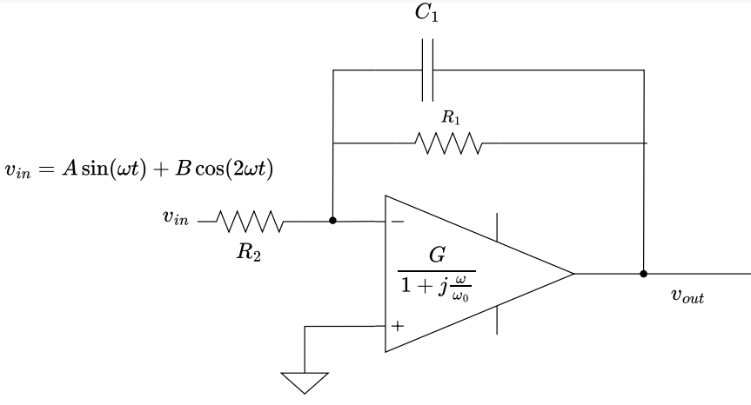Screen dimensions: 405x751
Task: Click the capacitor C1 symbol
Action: tap(427, 70)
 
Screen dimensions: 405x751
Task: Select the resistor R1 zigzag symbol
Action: tap(447, 142)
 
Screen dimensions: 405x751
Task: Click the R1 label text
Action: tap(448, 116)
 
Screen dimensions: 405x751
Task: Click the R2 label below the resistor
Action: tap(249, 255)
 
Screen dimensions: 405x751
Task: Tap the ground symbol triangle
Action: tap(305, 382)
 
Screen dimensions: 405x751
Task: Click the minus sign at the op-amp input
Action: tap(398, 222)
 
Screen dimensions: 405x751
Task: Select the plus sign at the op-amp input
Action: tap(398, 327)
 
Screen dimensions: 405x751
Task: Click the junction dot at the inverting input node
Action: tap(333, 221)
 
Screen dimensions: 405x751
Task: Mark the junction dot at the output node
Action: tap(644, 274)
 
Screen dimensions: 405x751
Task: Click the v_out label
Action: tap(687, 296)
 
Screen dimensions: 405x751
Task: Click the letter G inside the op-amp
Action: tap(437, 256)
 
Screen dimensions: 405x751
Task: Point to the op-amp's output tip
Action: tap(573, 274)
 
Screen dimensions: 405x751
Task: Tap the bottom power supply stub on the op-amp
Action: tap(498, 320)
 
